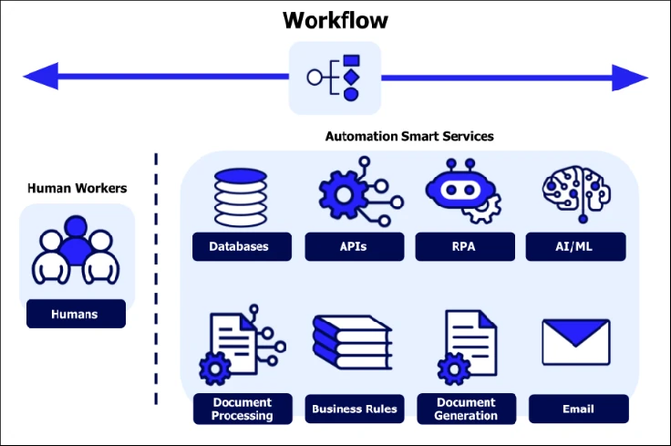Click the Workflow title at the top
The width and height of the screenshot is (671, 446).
335,20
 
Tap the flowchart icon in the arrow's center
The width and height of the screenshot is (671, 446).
335,78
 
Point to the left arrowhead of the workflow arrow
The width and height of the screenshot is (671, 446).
41,78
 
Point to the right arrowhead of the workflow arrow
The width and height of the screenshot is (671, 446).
629,78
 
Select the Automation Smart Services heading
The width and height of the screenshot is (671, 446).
409,136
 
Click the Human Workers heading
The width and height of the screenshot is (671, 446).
77,189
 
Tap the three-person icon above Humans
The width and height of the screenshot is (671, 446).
77,252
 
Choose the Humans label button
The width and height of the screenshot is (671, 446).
76,315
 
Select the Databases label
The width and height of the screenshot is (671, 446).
242,246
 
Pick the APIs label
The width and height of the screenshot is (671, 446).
353,246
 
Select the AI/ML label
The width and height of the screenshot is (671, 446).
576,246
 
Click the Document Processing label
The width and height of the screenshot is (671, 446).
243,409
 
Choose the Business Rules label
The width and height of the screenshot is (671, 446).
355,409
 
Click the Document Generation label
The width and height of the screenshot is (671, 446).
466,409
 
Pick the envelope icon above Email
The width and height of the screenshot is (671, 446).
576,343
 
